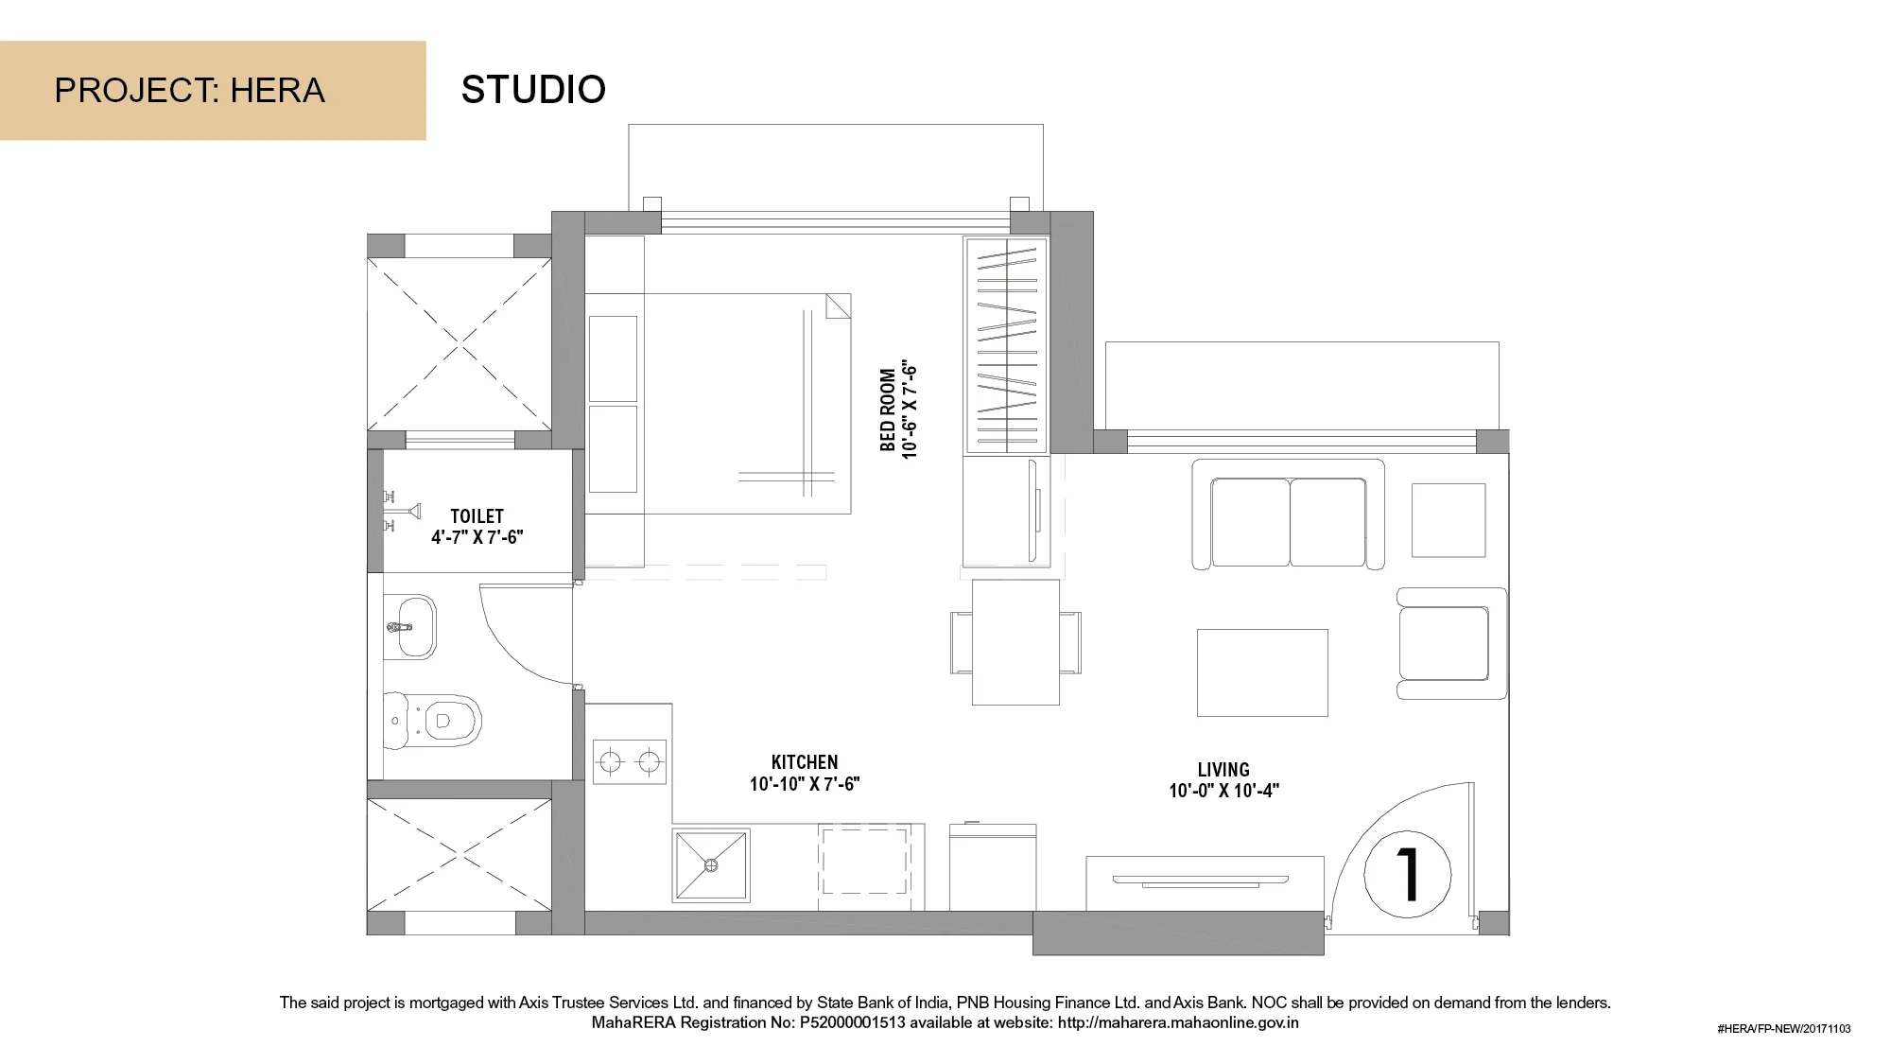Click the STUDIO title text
tap(533, 90)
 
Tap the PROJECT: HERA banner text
tap(189, 91)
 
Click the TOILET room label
tap(477, 516)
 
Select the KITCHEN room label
tap(805, 762)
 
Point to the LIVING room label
tap(1223, 770)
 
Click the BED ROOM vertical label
tap(888, 410)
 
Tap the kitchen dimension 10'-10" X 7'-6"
tap(805, 784)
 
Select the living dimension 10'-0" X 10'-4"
tap(1223, 791)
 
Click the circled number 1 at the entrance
tap(1407, 874)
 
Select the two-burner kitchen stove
tap(630, 761)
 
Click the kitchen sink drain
tap(711, 865)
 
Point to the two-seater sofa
tap(1288, 515)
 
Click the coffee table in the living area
tap(1262, 672)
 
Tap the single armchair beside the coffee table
tap(1451, 643)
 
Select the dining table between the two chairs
tap(1015, 642)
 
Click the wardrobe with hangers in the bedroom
tap(1006, 345)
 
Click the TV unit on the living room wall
tap(1205, 883)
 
